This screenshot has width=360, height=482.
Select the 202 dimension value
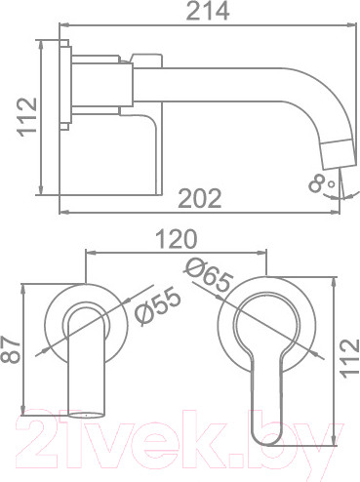click(x=200, y=198)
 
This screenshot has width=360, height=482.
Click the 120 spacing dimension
click(x=177, y=239)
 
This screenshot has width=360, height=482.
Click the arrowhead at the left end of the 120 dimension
click(x=90, y=252)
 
